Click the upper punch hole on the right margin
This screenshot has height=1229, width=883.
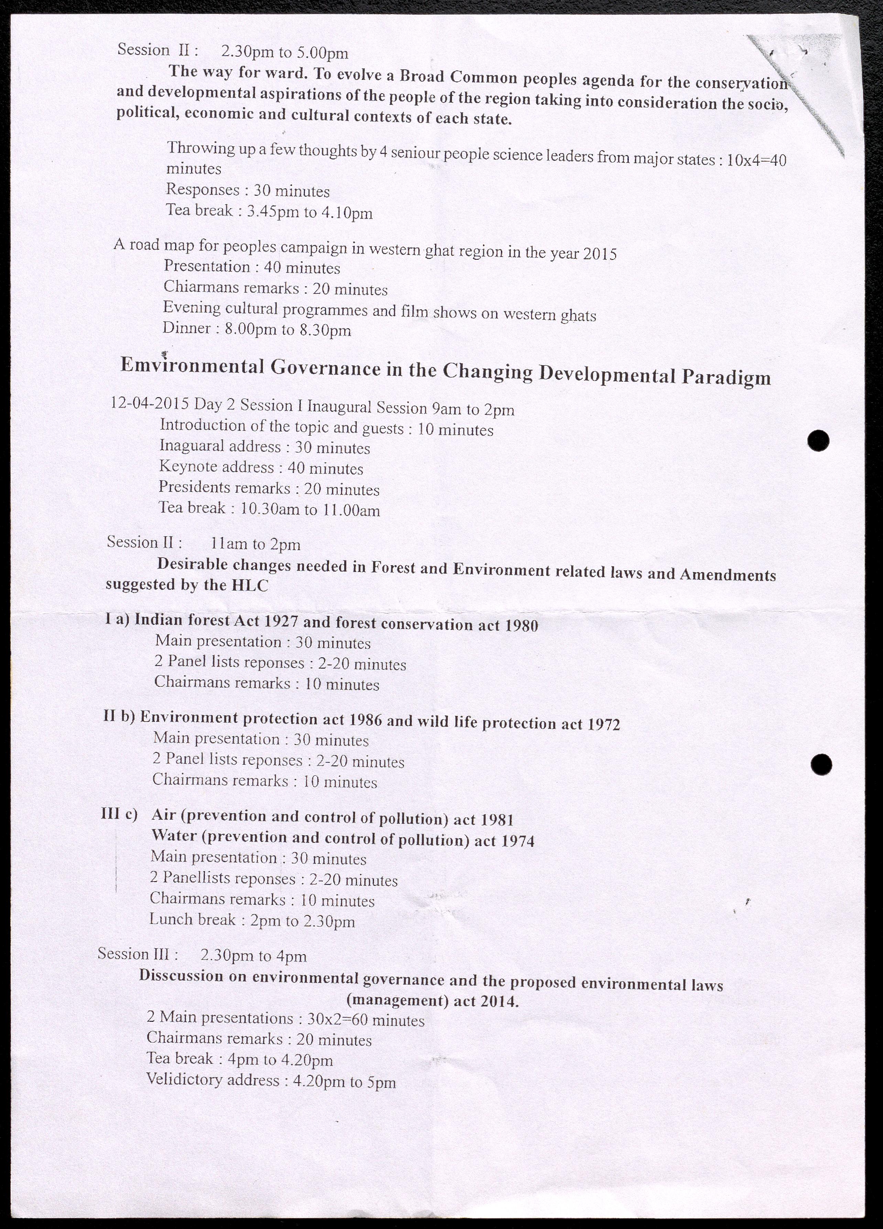click(818, 440)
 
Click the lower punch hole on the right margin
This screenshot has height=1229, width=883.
click(821, 764)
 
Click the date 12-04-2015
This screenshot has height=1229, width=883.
click(150, 403)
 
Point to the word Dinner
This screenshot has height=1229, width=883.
click(187, 328)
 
